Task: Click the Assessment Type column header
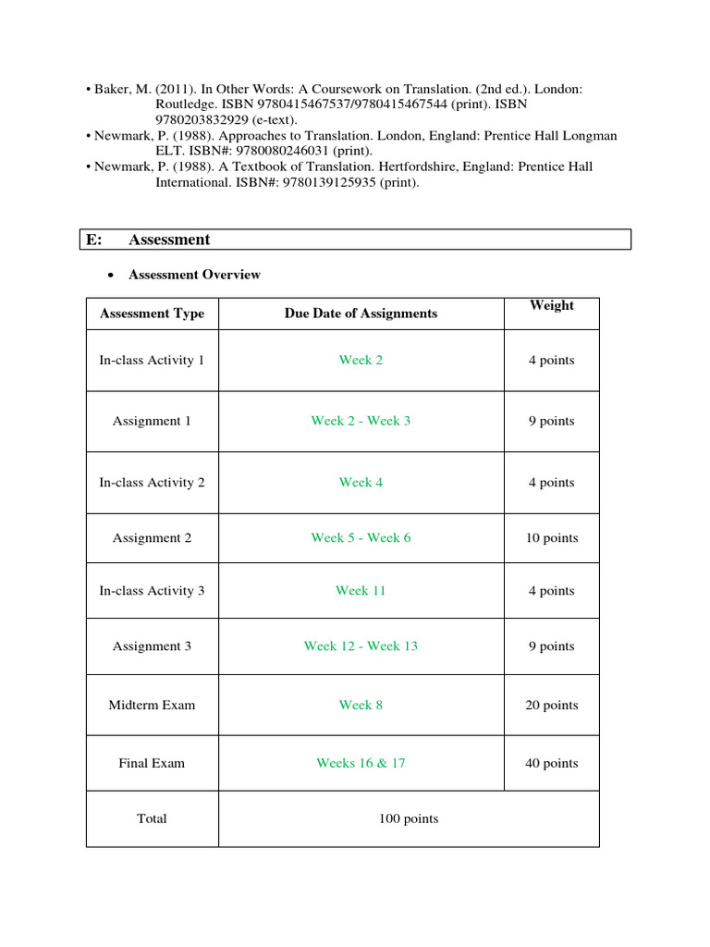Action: coord(152,314)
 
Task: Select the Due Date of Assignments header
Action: coord(361,314)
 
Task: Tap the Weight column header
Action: coord(551,305)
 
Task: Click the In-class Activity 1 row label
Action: coord(152,360)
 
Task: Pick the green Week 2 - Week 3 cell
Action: coord(361,421)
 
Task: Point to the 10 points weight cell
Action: coord(551,537)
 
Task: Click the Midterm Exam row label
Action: coord(152,705)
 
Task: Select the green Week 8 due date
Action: coord(361,705)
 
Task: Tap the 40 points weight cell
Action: coord(551,763)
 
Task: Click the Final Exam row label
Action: coord(152,763)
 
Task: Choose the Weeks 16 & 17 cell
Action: coord(361,763)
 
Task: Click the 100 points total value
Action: coord(408,818)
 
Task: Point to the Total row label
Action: coord(152,818)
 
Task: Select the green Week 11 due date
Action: coord(361,590)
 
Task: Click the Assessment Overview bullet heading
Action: coord(194,275)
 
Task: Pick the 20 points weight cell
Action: coord(551,705)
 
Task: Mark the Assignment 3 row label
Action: coord(152,646)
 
